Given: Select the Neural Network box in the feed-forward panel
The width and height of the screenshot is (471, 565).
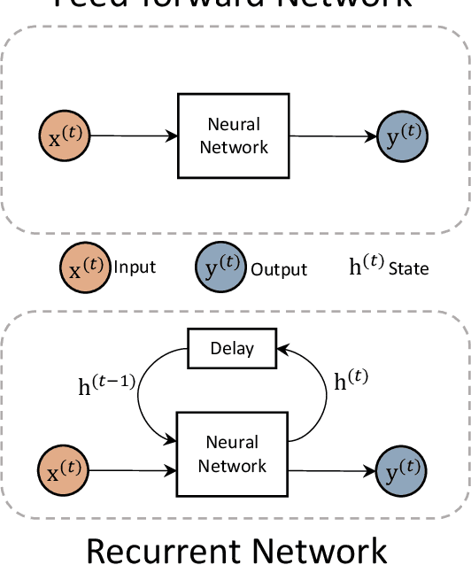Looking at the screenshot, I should coord(233,135).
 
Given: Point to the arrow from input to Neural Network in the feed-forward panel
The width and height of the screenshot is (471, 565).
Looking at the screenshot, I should coord(134,135).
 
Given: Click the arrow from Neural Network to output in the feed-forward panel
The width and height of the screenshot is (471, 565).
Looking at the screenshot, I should coord(333,135).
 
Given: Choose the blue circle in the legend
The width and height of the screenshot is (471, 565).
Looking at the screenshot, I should coord(220,267).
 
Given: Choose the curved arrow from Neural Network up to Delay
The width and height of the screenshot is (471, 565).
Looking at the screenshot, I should coord(316,390).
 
